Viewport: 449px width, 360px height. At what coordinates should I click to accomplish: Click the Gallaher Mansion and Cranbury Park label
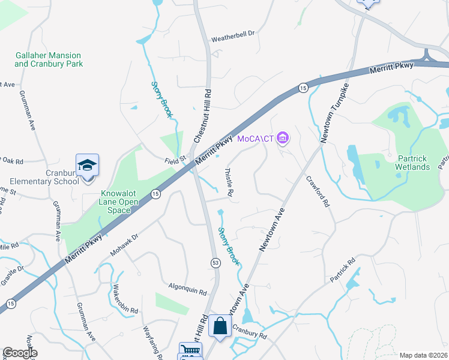pos(49,59)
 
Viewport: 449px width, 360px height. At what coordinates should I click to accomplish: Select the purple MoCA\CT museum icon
pos(283,139)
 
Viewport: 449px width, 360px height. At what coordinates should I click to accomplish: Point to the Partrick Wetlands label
pos(412,163)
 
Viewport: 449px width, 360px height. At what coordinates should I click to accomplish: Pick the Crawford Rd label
pos(318,191)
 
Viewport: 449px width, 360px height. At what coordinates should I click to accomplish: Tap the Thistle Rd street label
pos(229,183)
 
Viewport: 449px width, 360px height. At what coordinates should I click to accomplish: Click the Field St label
pos(177,160)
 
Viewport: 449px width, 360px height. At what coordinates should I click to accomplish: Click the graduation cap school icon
pos(87,166)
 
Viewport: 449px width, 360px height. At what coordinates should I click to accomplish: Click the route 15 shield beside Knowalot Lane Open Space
pos(155,193)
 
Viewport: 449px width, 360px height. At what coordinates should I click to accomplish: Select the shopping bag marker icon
pos(220,326)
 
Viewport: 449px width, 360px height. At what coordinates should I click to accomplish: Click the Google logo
pos(20,353)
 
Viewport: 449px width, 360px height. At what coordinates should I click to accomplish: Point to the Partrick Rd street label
pos(342,271)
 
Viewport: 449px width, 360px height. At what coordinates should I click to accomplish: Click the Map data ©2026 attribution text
pos(423,355)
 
